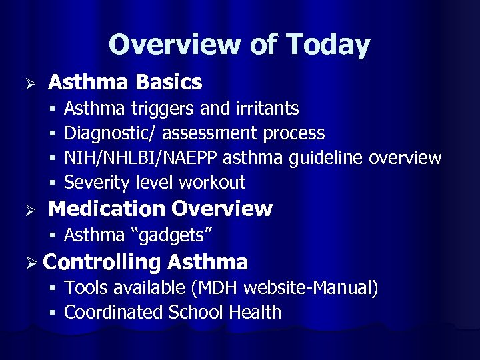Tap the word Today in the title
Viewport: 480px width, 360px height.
coord(328,45)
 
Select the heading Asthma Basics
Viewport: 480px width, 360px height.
coord(125,83)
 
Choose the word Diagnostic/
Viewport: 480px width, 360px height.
coord(110,133)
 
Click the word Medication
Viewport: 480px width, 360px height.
coord(107,209)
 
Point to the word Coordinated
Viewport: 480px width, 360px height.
coord(115,312)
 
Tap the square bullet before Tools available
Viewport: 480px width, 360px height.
coord(52,289)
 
